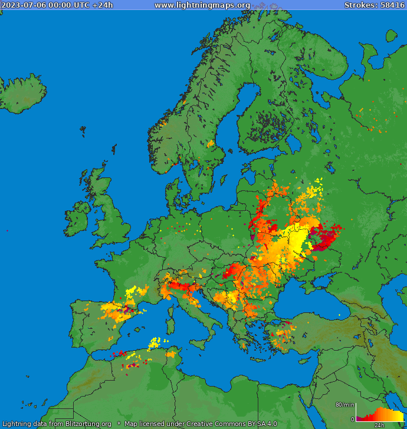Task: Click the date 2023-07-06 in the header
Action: click(x=22, y=5)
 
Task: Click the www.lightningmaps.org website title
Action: click(x=202, y=5)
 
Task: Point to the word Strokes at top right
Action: click(x=360, y=5)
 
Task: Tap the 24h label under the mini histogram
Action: click(x=379, y=425)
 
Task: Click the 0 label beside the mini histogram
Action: click(x=352, y=419)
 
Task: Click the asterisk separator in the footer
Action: click(x=118, y=424)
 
